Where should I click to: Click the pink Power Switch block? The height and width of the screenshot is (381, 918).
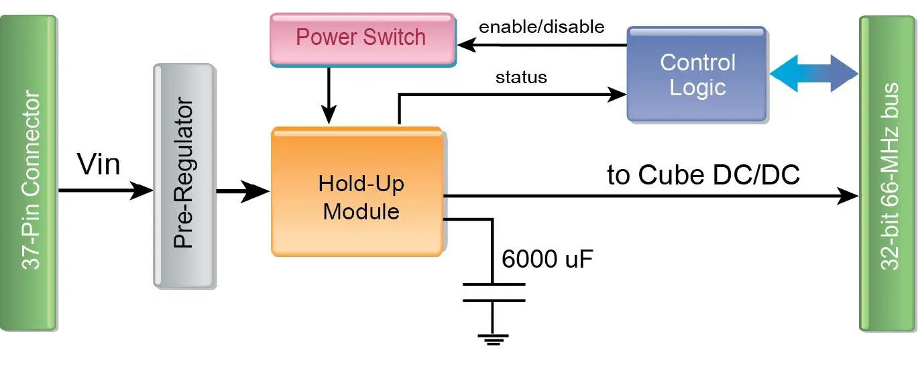362,38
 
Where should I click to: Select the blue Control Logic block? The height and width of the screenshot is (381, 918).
697,74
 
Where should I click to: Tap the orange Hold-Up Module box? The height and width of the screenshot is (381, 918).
357,192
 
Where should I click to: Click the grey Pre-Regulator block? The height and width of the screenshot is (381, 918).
184,176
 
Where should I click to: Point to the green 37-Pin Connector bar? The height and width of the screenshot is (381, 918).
29,173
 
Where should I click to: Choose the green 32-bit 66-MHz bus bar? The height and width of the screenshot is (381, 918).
887,173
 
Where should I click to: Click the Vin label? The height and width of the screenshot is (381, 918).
99,164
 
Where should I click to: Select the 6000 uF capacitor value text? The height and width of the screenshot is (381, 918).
547,259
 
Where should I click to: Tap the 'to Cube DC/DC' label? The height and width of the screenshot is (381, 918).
703,175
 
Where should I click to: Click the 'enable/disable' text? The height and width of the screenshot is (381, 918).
541,27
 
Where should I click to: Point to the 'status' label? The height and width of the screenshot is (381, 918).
521,77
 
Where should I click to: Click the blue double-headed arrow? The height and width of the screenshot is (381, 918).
814,73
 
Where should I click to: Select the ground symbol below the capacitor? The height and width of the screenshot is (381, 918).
493,339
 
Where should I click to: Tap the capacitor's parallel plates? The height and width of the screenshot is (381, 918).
493,292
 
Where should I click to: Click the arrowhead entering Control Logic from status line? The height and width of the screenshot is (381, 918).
616,95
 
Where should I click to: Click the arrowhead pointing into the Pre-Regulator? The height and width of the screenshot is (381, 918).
143,191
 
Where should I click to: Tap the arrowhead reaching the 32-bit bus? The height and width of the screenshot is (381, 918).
849,196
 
